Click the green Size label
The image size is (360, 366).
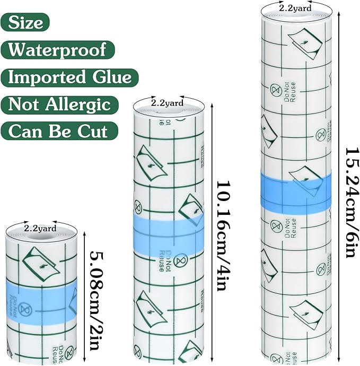(25, 22)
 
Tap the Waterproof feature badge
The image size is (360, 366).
(58, 50)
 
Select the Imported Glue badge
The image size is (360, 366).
(69, 77)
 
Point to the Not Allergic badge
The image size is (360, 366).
(59, 104)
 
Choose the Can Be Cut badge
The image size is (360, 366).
(59, 131)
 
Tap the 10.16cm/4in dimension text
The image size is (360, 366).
(224, 236)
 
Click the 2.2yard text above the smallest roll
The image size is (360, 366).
(40, 228)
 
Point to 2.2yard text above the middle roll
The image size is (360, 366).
(168, 103)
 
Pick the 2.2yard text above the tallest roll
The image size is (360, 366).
(295, 8)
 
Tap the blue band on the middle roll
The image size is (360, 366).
(169, 234)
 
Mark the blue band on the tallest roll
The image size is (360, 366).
(296, 190)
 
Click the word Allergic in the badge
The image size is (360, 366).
(78, 105)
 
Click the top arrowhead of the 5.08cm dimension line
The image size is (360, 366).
(84, 233)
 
